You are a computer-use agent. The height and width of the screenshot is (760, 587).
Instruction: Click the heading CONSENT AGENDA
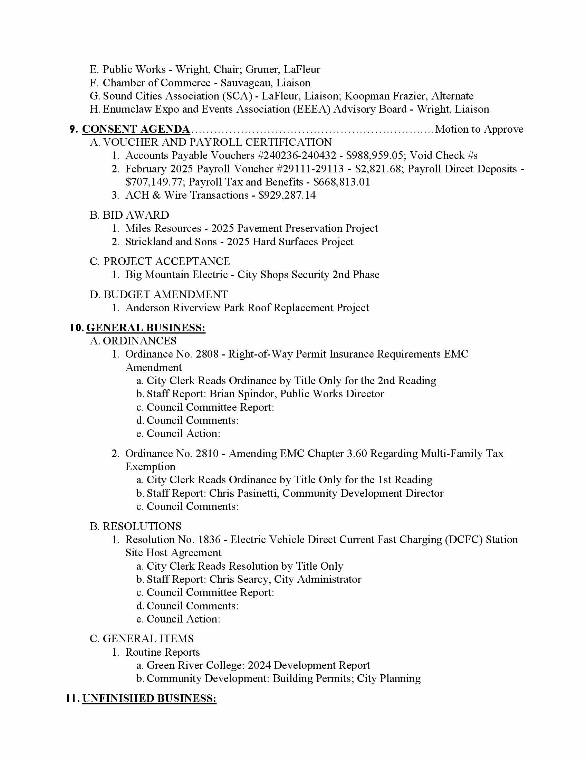click(x=136, y=129)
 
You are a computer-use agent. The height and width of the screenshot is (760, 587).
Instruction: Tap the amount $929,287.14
click(x=287, y=195)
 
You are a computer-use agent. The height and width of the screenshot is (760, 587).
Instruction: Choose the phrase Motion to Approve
click(x=479, y=129)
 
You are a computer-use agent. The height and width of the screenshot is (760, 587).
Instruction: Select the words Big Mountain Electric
click(x=176, y=275)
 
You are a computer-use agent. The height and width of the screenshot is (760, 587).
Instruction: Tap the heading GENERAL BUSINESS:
click(x=146, y=328)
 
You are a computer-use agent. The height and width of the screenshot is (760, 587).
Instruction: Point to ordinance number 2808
click(x=207, y=354)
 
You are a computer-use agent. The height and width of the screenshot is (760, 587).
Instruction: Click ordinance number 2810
click(x=207, y=454)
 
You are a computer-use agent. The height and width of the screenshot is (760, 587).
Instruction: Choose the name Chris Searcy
click(x=239, y=579)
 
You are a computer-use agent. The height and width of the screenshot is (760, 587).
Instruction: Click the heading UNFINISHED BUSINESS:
click(x=149, y=699)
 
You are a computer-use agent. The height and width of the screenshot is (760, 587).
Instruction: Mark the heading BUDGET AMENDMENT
click(x=165, y=294)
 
